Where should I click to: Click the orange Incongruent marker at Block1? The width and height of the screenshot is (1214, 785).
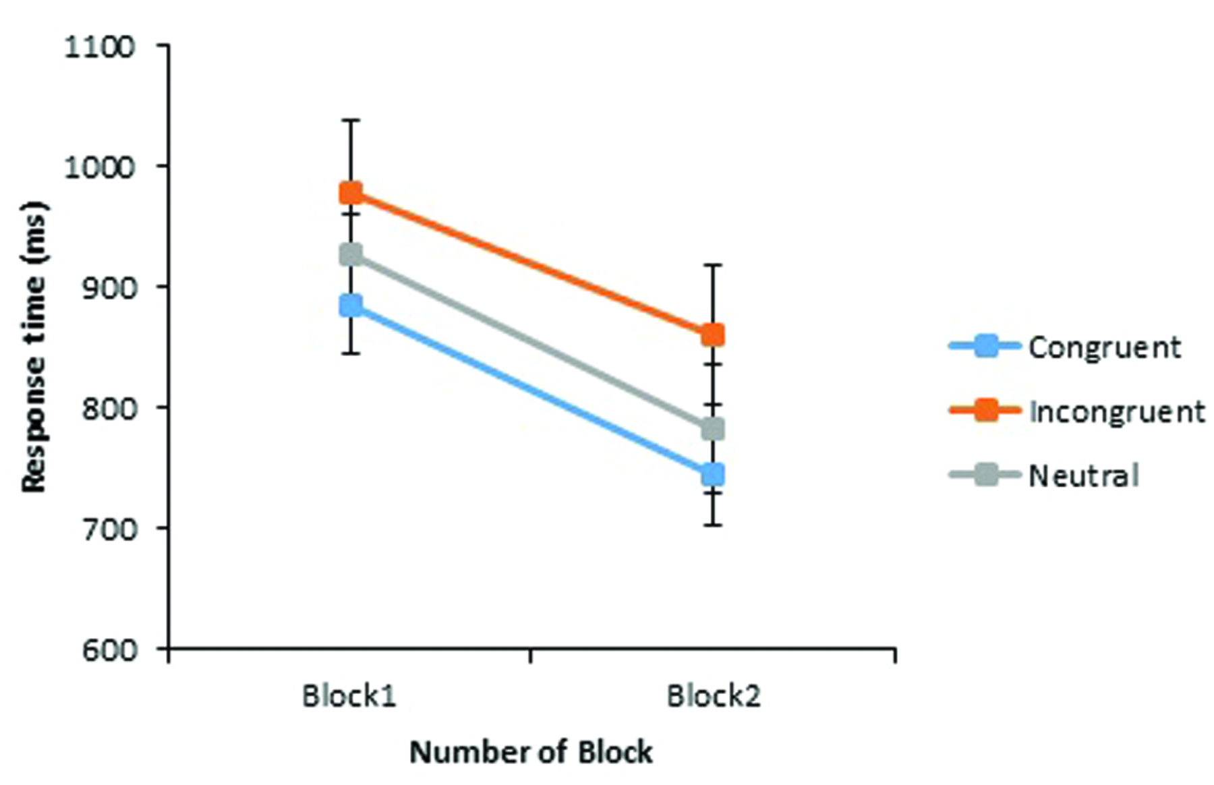pyautogui.click(x=350, y=194)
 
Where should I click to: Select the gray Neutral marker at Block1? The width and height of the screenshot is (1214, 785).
pyautogui.click(x=350, y=254)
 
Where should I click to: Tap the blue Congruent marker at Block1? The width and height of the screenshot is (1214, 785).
pyautogui.click(x=350, y=306)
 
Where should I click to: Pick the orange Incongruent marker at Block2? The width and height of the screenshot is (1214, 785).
pyautogui.click(x=713, y=335)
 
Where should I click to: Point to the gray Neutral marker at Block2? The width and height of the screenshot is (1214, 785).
pyautogui.click(x=713, y=428)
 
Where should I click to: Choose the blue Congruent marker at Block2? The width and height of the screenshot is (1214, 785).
pyautogui.click(x=713, y=474)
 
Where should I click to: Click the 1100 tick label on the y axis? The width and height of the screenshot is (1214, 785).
pyautogui.click(x=100, y=47)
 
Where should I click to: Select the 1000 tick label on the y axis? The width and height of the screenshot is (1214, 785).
pyautogui.click(x=100, y=167)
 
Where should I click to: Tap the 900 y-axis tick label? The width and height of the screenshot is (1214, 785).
pyautogui.click(x=108, y=287)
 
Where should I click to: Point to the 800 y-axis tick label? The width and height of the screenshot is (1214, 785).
pyautogui.click(x=108, y=408)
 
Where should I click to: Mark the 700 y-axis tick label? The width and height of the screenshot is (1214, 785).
pyautogui.click(x=108, y=528)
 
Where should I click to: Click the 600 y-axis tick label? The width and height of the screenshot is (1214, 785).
pyautogui.click(x=108, y=649)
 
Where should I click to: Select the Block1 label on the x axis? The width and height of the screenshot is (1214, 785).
pyautogui.click(x=349, y=695)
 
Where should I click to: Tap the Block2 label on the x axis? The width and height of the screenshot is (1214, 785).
pyautogui.click(x=714, y=695)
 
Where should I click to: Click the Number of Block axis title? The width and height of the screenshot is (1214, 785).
pyautogui.click(x=531, y=752)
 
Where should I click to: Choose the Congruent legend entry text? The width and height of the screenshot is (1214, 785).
pyautogui.click(x=1104, y=347)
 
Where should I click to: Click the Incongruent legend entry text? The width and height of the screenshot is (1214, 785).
pyautogui.click(x=1116, y=411)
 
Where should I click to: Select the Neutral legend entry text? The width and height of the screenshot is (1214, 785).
pyautogui.click(x=1083, y=475)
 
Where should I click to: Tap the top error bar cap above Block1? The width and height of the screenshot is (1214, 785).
pyautogui.click(x=350, y=120)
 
